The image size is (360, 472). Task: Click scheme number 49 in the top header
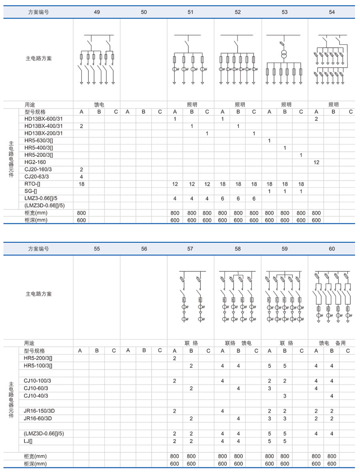[97, 12]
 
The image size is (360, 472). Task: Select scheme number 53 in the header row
[284, 12]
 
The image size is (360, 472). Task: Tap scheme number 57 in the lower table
[190, 249]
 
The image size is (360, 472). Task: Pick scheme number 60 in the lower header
[332, 249]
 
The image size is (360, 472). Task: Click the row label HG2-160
[35, 162]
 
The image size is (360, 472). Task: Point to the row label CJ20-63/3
[38, 177]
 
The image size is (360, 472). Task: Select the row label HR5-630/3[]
[39, 141]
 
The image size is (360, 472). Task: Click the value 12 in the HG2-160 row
[316, 162]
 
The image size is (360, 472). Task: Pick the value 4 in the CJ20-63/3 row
[81, 177]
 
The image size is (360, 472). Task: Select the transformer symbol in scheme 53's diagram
[284, 55]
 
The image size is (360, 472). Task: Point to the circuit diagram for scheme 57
[190, 296]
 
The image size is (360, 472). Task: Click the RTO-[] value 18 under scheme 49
[81, 184]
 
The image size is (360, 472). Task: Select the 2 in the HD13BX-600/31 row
[316, 119]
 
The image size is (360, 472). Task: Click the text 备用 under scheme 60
[340, 343]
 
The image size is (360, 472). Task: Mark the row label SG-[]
[30, 191]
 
